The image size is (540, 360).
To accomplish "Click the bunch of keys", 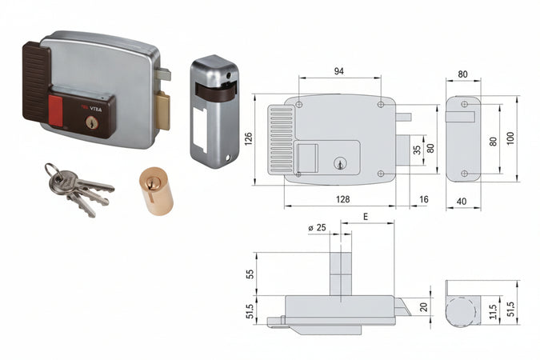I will click(76, 189).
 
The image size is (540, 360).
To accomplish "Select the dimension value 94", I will click(338, 71).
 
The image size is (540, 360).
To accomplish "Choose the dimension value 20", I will click(424, 305).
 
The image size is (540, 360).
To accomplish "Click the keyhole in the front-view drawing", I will click(338, 164).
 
